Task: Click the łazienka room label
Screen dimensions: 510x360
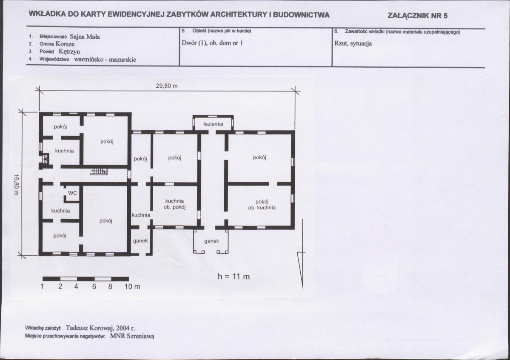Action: (x=213, y=124)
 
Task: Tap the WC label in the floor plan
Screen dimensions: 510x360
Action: (x=73, y=193)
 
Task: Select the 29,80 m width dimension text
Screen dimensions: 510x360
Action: (x=167, y=86)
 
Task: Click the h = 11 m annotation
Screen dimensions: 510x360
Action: (x=234, y=277)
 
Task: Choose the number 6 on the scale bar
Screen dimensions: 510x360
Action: (x=94, y=287)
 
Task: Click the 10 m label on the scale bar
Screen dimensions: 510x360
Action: (x=132, y=287)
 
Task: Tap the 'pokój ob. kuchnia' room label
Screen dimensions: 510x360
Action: (x=262, y=205)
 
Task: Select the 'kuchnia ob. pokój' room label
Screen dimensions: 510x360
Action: (x=174, y=204)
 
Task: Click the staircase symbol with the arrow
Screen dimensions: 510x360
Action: (x=98, y=171)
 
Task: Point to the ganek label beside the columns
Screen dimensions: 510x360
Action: (x=211, y=241)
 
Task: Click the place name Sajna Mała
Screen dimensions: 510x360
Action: (x=85, y=37)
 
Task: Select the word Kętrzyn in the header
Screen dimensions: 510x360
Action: (x=69, y=51)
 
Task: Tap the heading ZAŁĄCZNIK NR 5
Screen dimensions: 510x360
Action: (x=418, y=16)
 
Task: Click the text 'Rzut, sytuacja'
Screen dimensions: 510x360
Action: (x=353, y=43)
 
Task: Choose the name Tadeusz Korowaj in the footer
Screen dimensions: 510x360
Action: (x=89, y=328)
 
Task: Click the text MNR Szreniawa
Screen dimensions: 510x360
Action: (x=132, y=336)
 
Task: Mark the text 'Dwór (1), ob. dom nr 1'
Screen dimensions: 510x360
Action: (x=212, y=43)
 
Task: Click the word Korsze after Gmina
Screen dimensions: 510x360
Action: (x=65, y=44)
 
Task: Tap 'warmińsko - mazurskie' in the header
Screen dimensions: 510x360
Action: (x=105, y=60)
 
